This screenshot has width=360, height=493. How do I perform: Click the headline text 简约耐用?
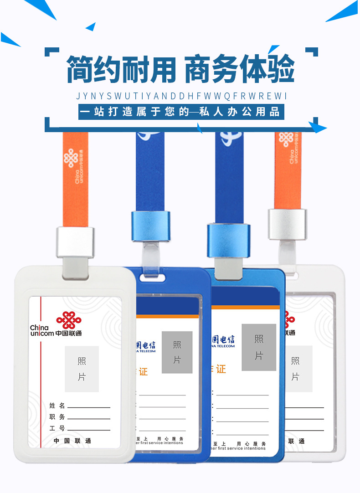coord(121,69)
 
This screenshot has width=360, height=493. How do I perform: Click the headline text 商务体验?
coord(239,69)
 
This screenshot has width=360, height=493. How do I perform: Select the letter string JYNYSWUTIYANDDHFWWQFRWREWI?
coord(181,96)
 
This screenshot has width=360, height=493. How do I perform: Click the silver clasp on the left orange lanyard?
coord(75,242)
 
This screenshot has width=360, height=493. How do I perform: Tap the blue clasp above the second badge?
coord(150,226)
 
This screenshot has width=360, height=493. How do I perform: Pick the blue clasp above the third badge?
coord(229,240)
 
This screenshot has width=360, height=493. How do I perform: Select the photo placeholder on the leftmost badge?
coord(82,369)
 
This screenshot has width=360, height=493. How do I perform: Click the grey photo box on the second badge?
coord(177,352)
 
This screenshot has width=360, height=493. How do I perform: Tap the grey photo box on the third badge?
coord(259,347)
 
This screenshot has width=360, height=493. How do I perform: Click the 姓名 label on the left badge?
coord(57,405)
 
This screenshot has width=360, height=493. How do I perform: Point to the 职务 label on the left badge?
coord(57,417)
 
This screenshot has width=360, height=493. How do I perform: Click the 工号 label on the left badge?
coord(57,428)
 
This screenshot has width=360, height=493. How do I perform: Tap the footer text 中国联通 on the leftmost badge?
coord(72,441)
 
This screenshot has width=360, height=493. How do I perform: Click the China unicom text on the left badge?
coord(42,331)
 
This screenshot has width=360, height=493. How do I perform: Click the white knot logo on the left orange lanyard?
coord(70,158)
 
